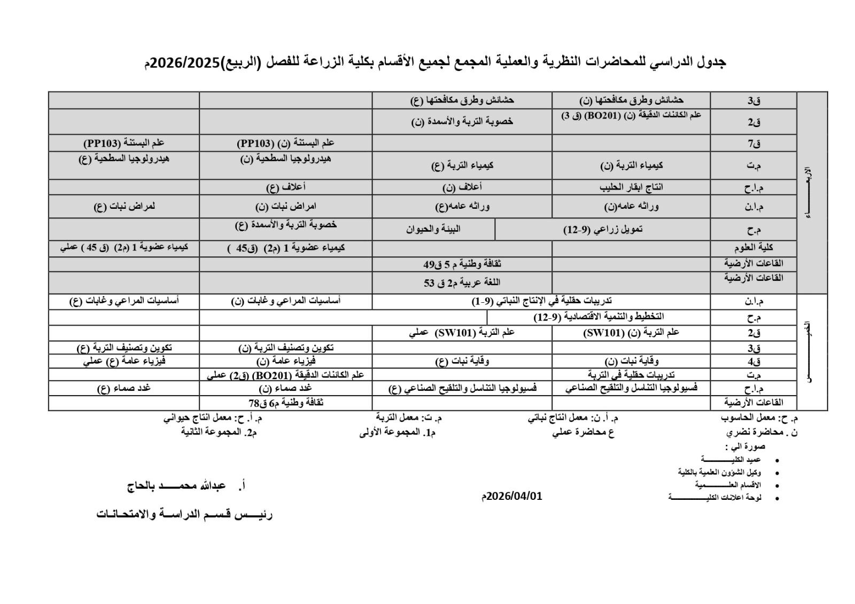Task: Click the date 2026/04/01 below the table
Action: pos(512,496)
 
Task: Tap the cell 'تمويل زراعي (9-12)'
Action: pos(603,229)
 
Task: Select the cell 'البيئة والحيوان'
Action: pos(433,229)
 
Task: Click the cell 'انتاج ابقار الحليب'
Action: pos(631,187)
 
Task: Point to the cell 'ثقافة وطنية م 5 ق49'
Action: pos(462,264)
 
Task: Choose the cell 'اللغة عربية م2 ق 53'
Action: pos(462,282)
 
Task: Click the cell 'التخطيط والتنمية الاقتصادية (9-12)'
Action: pos(598,317)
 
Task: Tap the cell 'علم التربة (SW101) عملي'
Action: pos(462,333)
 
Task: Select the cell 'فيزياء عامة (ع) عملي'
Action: pos(125,360)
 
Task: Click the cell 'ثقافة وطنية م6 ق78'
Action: pos(286,403)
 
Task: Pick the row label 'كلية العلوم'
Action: pos(753,248)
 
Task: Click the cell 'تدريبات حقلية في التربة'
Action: pos(631,374)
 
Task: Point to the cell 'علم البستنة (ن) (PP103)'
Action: pos(285,143)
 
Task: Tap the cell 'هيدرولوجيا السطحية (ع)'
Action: pos(125,159)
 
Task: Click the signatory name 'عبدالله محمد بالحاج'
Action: pos(176,486)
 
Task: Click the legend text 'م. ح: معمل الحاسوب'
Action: pos(759,418)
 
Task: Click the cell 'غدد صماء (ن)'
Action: pos(285,388)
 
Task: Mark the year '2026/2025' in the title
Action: pos(185,62)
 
